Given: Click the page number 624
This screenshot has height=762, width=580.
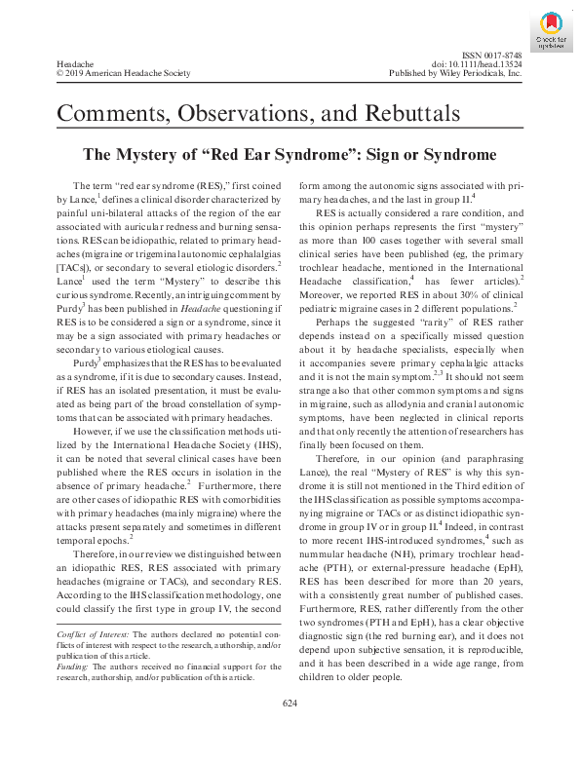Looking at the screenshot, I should tap(290, 731).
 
